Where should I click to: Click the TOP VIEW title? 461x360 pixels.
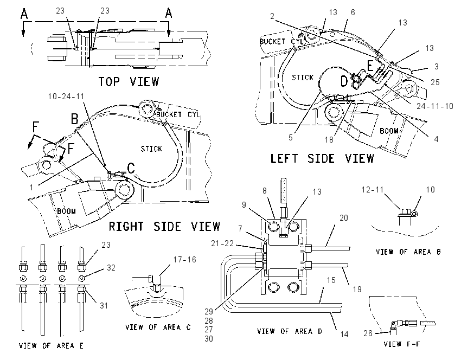[x=129, y=82]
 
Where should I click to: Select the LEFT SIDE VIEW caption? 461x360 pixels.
[x=322, y=159]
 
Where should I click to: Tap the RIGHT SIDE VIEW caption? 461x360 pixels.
[x=164, y=227]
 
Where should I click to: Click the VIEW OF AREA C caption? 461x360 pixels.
[x=158, y=327]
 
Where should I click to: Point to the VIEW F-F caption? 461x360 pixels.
[x=402, y=344]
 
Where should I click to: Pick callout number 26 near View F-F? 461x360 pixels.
[x=368, y=333]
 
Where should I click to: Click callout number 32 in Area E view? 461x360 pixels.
[x=111, y=268]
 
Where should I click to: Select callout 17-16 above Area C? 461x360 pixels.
[x=184, y=260]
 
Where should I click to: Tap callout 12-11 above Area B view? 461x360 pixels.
[x=373, y=190]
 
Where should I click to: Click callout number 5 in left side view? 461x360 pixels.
[x=291, y=138]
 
